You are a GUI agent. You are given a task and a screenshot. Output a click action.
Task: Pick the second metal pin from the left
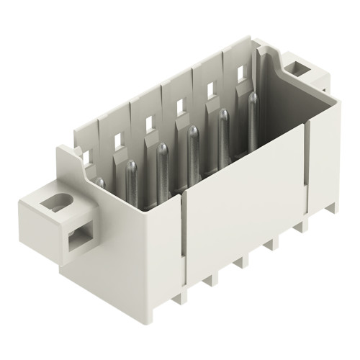click(x=132, y=173)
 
